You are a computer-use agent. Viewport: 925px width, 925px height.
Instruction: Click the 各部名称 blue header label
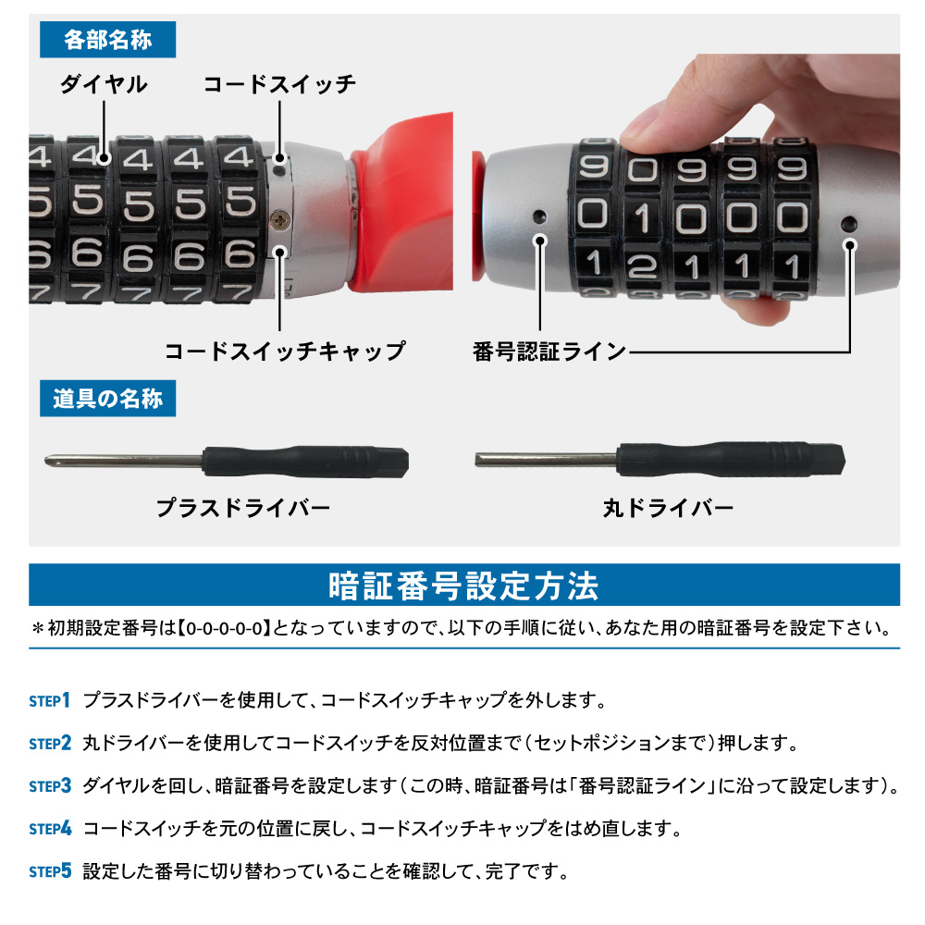107,40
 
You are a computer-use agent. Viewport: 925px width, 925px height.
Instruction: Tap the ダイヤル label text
104,84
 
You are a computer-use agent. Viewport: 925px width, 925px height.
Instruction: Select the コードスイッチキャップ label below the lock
285,351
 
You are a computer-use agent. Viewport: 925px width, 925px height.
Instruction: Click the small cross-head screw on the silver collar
280,221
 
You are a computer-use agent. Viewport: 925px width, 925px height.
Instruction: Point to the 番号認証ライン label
549,351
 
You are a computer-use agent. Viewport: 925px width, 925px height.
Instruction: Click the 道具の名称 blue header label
107,399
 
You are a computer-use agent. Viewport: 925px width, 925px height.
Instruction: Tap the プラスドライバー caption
243,508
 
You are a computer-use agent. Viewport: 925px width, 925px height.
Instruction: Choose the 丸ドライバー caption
669,508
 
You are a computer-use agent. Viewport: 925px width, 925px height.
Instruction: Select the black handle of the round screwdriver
731,459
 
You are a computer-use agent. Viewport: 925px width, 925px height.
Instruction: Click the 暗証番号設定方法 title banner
464,586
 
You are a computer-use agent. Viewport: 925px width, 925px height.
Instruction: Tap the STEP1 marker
50,700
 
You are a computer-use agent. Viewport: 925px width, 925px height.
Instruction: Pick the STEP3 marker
50,785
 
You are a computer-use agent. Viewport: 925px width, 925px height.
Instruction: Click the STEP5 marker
50,871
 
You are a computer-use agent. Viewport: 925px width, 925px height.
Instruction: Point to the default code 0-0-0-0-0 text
224,628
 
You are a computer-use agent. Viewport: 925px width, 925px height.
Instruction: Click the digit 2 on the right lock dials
643,267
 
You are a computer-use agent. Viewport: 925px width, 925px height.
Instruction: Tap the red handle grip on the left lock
402,203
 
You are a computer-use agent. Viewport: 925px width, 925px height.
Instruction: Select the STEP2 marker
50,743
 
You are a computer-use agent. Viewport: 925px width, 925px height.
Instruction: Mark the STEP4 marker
50,829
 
